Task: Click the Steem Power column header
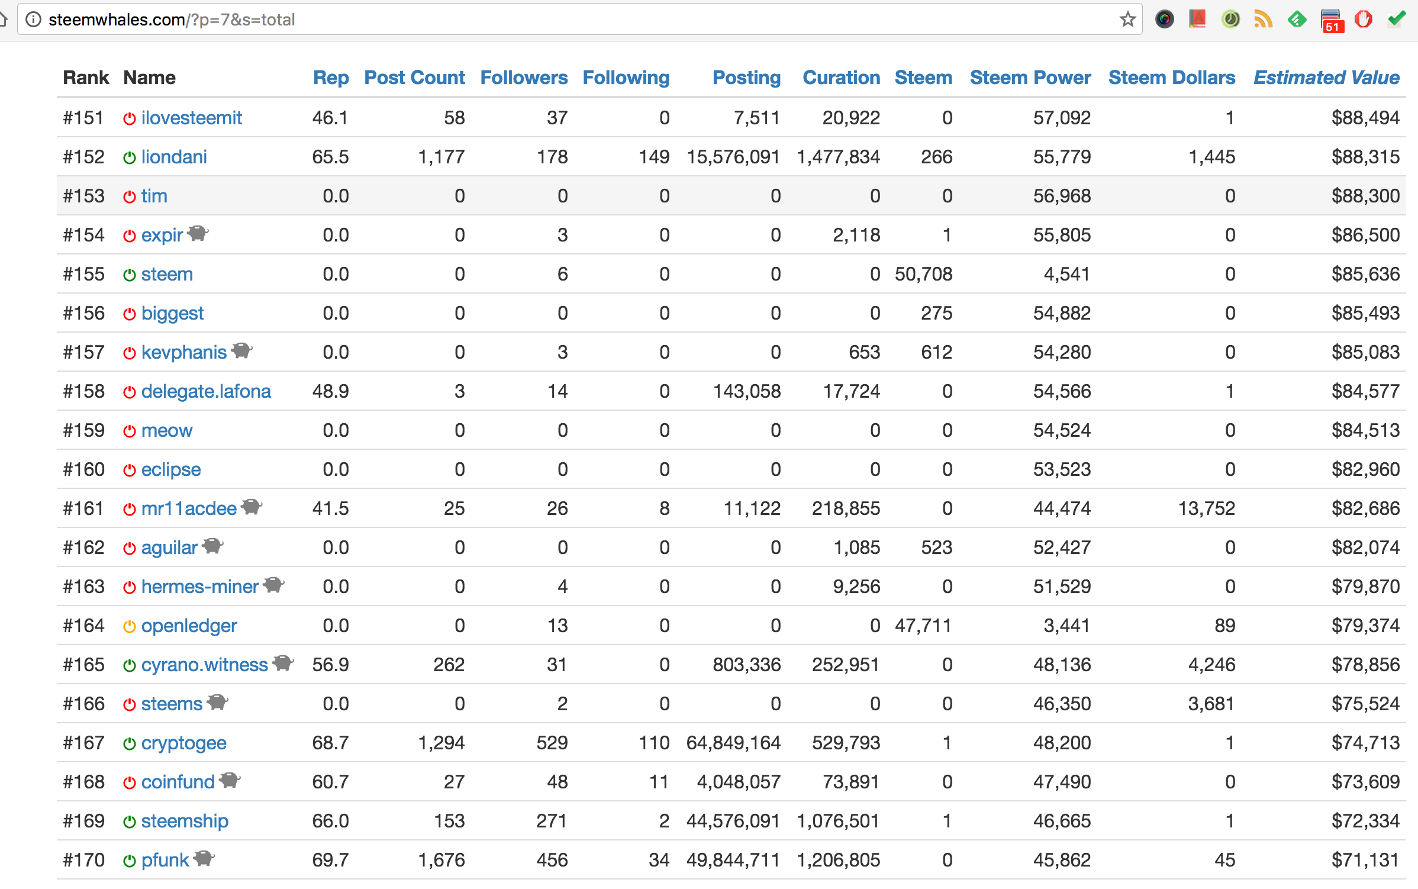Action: [x=1030, y=78]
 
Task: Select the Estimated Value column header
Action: [x=1326, y=78]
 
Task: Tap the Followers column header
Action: [x=524, y=78]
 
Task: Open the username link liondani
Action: [x=174, y=157]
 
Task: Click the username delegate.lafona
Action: [x=206, y=391]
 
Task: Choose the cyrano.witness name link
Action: [x=204, y=665]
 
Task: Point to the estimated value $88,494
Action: [x=1365, y=118]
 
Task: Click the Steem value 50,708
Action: [x=923, y=274]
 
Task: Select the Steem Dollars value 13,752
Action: [x=1206, y=508]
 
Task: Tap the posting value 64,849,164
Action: [x=733, y=743]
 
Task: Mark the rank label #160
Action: [x=83, y=469]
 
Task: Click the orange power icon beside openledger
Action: [x=130, y=626]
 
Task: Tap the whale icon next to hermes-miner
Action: [x=273, y=585]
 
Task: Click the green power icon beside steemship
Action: [x=130, y=822]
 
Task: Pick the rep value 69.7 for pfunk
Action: [x=330, y=860]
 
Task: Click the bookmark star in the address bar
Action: [x=1127, y=20]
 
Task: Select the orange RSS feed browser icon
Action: [x=1263, y=20]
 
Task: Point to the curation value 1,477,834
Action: [x=838, y=157]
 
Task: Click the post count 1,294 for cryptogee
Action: [x=441, y=743]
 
